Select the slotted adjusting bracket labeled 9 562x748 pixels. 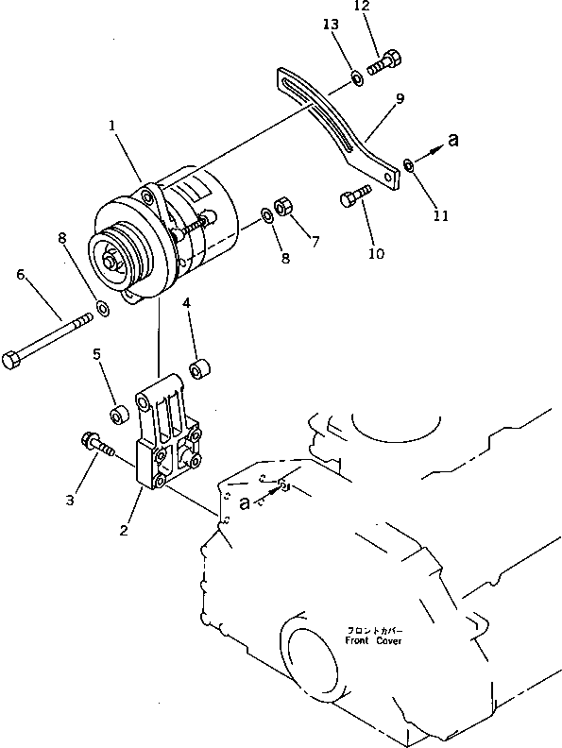click(x=340, y=123)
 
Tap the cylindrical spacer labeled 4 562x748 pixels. click(x=200, y=367)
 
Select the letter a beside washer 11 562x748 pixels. click(x=453, y=140)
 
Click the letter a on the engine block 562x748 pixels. click(x=246, y=502)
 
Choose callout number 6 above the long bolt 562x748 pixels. click(x=20, y=275)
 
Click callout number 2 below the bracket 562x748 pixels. click(x=124, y=531)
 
